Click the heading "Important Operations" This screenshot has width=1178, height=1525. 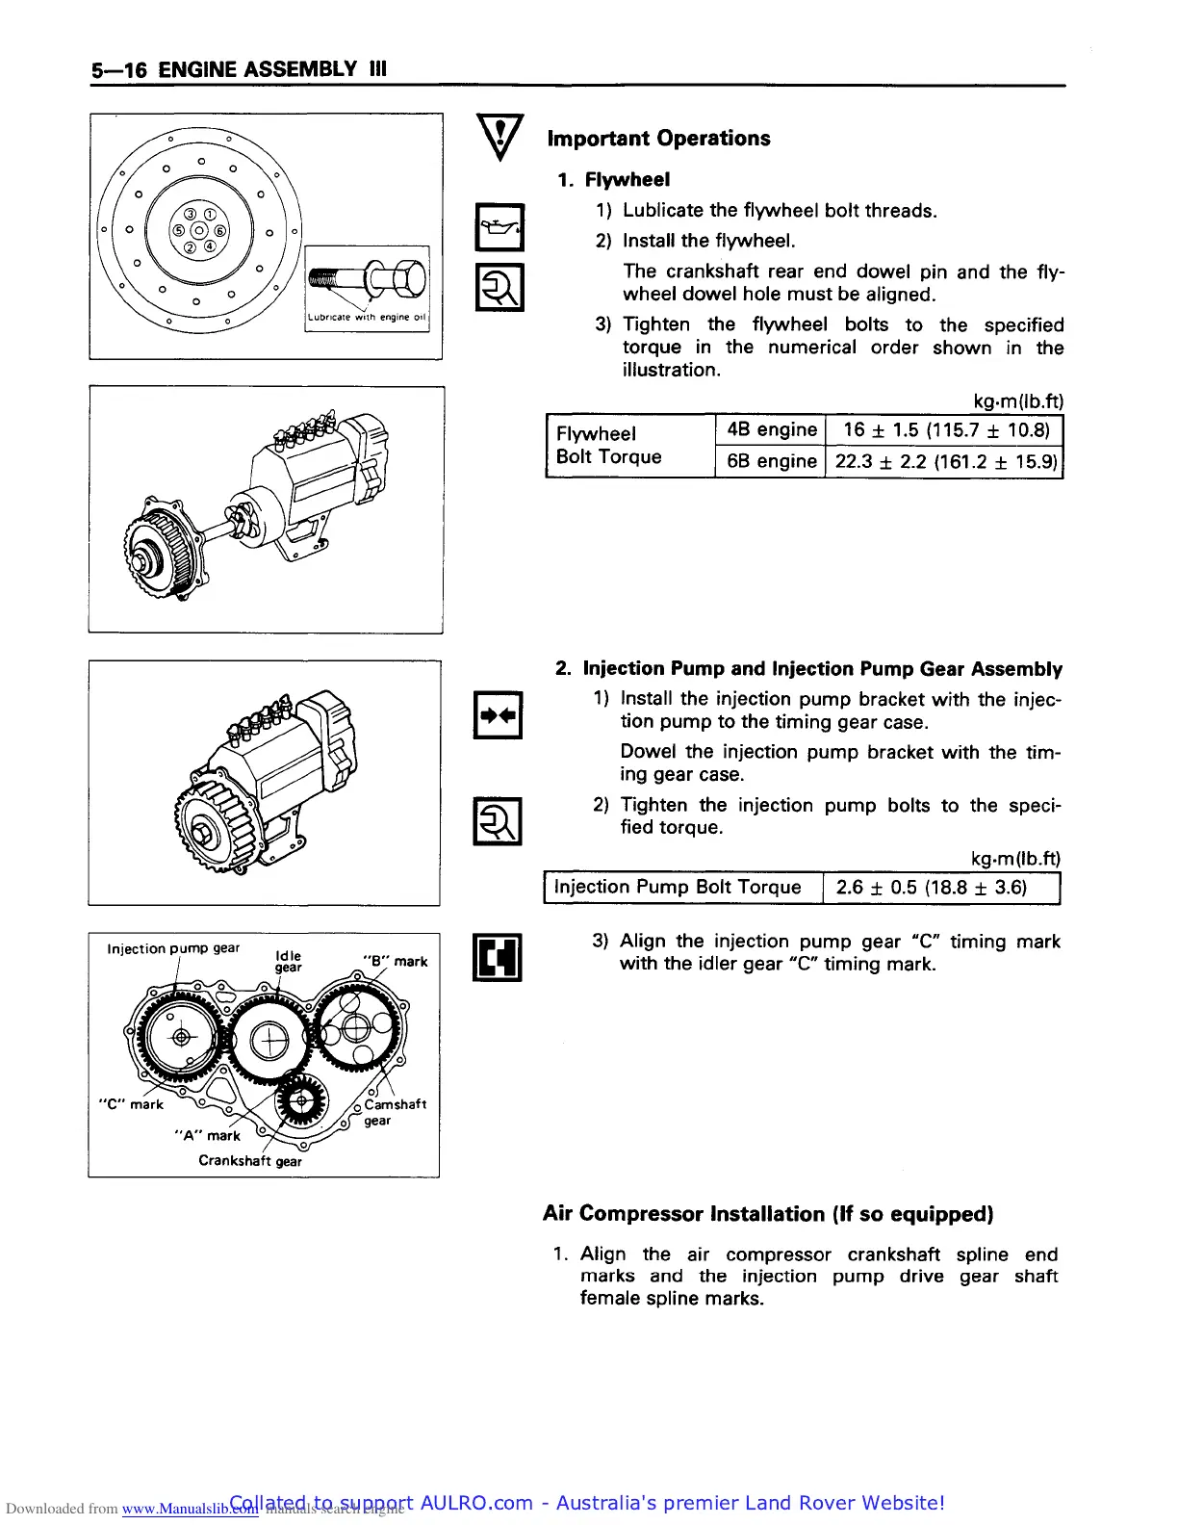658,139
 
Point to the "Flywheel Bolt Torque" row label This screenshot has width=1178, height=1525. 608,445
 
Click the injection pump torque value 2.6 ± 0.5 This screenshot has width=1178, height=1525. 931,888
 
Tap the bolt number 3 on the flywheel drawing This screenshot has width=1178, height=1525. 190,214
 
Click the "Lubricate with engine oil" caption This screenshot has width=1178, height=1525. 367,317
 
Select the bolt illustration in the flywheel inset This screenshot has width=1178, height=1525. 367,280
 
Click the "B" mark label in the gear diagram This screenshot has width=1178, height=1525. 396,961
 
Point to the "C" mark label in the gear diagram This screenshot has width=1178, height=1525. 132,1104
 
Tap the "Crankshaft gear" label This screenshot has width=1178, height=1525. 250,1161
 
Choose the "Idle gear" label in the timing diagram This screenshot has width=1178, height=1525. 288,961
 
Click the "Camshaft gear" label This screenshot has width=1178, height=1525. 394,1112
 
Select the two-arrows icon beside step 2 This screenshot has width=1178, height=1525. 498,715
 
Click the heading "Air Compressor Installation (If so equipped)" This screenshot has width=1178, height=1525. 768,1214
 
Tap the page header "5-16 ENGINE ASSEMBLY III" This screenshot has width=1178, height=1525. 239,69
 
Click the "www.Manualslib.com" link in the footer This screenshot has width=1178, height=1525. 190,1509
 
